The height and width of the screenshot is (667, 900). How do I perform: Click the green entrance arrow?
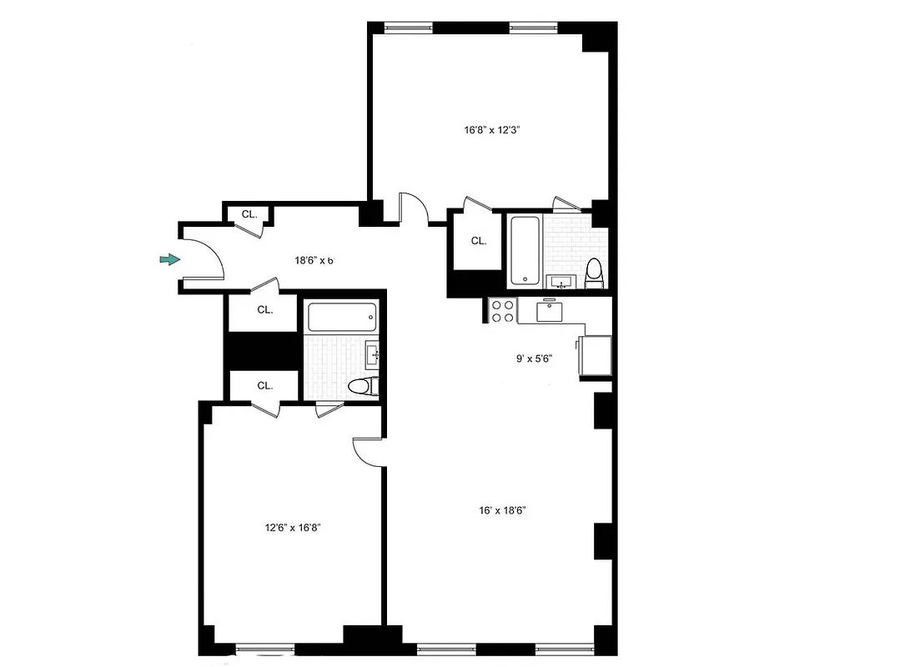click(169, 260)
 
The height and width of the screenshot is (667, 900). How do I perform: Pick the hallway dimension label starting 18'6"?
click(314, 260)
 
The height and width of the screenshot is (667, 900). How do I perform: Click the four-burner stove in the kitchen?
click(502, 311)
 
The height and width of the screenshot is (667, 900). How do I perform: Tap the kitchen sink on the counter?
click(551, 312)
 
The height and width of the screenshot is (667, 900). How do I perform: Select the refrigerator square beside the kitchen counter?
click(595, 356)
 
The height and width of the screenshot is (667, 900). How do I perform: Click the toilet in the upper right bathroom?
click(594, 272)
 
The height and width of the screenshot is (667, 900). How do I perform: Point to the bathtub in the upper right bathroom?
click(525, 250)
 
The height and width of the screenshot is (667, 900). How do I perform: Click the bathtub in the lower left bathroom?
click(341, 317)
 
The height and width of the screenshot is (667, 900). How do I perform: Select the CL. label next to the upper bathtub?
click(478, 241)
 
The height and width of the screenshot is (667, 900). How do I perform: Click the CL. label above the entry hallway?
click(249, 214)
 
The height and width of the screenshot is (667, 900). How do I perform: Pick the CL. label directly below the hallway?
click(265, 309)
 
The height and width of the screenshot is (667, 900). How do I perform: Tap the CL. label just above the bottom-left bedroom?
click(265, 385)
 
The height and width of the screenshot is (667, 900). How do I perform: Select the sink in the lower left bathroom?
click(373, 354)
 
